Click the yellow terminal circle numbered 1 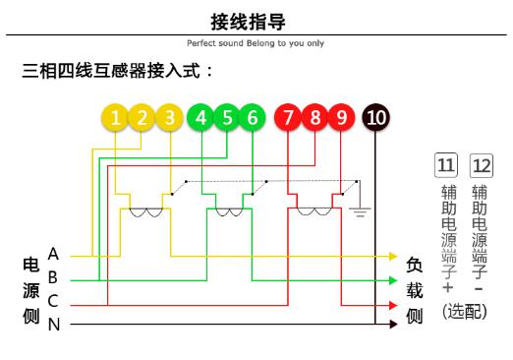pos(116,119)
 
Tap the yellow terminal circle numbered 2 pos(142,119)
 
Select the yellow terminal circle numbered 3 pos(169,119)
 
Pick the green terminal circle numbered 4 pos(201,119)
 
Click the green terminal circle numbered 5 pos(227,119)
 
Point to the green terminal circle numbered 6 pos(253,119)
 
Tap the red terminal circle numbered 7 pos(288,119)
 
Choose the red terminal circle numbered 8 pos(314,119)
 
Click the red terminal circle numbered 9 pos(340,119)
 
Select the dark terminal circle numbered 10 pos(375,119)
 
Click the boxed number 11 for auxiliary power pos(446,162)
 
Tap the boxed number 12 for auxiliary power pos(481,162)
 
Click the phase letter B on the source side pos(53,278)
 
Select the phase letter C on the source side pos(53,302)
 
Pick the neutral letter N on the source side pos(53,325)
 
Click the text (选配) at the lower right pos(465,312)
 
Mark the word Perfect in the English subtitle pos(199,43)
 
